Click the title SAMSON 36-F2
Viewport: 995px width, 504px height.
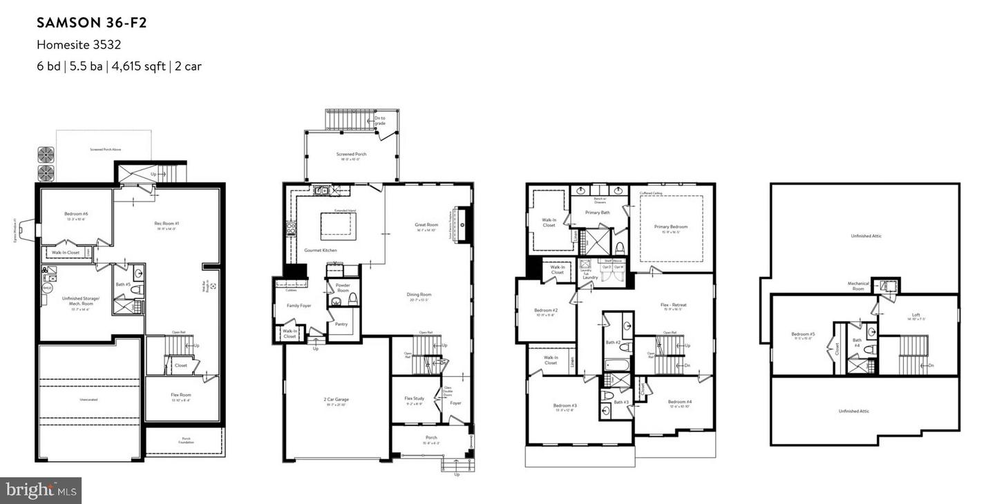point(92,23)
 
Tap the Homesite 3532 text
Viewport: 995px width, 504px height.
point(79,45)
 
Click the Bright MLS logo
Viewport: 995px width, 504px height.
point(41,490)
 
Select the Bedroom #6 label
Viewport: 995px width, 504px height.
point(77,214)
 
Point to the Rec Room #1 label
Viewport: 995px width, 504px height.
point(167,223)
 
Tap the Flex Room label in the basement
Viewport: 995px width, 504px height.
point(181,395)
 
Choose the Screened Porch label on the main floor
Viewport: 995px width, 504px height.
point(351,154)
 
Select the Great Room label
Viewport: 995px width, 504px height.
point(426,224)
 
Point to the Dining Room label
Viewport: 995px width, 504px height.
point(419,294)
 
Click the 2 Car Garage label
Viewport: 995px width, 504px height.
point(336,399)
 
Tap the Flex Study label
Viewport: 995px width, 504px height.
point(414,398)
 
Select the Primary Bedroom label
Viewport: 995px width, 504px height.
point(670,226)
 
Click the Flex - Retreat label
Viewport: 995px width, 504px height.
point(672,304)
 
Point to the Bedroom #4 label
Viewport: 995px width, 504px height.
point(679,402)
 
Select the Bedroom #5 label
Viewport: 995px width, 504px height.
point(804,334)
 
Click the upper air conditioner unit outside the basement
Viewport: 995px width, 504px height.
point(46,153)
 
